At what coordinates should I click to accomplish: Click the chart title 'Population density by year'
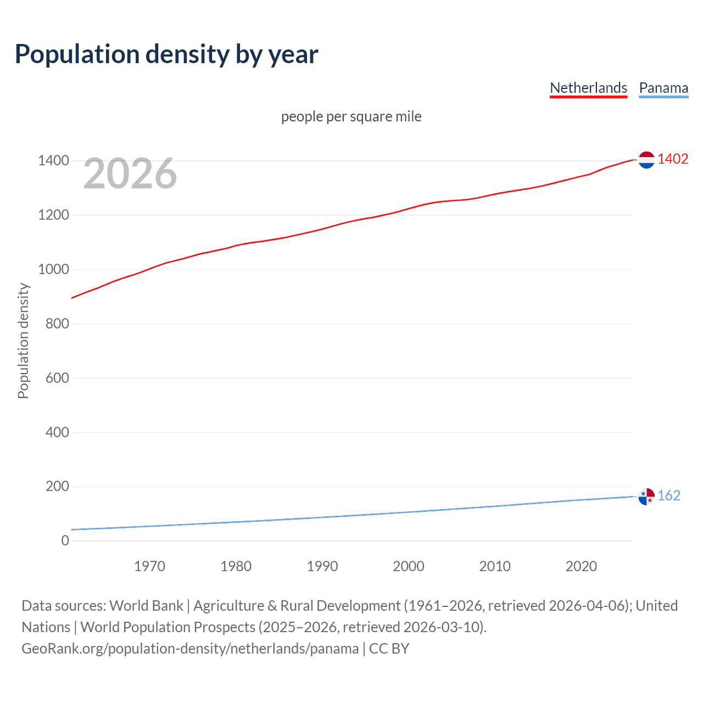tap(166, 54)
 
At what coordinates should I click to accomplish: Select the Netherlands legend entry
tap(588, 88)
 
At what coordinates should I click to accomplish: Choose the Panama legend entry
tap(663, 88)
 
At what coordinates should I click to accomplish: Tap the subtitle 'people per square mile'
tap(351, 116)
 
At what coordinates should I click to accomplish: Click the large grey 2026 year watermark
tap(130, 174)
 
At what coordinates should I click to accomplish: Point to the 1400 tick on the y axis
tap(53, 161)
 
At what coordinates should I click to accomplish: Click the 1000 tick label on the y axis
tap(53, 269)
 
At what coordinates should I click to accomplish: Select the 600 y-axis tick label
tap(57, 378)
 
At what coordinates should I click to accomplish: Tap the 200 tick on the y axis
tap(57, 487)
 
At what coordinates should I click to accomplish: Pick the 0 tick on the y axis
tap(65, 540)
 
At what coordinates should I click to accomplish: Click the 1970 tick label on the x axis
tap(149, 566)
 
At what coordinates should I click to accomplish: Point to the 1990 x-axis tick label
tap(322, 566)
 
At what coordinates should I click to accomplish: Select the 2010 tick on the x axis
tap(495, 566)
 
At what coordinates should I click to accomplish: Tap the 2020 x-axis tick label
tap(581, 566)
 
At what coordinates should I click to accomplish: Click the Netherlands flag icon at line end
tap(646, 160)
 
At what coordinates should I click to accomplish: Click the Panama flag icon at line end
tap(646, 496)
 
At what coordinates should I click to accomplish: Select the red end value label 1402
tap(673, 159)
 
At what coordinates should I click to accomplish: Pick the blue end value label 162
tap(669, 496)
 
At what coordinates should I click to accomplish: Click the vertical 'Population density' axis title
tap(23, 341)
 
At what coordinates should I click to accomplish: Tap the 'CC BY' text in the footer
tap(389, 649)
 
